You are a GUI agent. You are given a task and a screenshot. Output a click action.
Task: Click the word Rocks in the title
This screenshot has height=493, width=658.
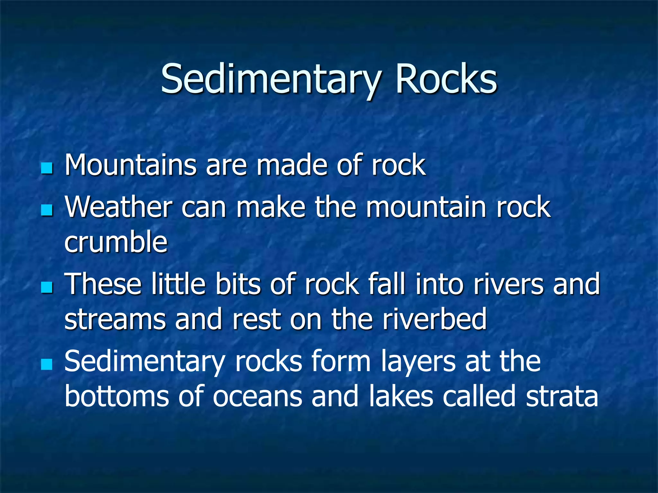[446, 79]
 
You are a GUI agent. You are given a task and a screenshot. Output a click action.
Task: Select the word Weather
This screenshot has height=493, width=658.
[118, 207]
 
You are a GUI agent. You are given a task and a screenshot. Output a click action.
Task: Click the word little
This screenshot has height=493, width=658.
[178, 284]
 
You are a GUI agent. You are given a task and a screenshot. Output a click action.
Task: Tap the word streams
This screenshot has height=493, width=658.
[115, 319]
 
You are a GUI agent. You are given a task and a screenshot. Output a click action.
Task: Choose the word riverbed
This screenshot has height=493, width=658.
[434, 319]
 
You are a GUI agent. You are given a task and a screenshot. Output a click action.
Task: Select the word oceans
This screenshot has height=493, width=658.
[257, 397]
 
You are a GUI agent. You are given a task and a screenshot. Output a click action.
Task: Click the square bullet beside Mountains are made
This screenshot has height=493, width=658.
[47, 168]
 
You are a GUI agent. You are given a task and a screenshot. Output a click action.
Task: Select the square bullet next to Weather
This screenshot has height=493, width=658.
[47, 211]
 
